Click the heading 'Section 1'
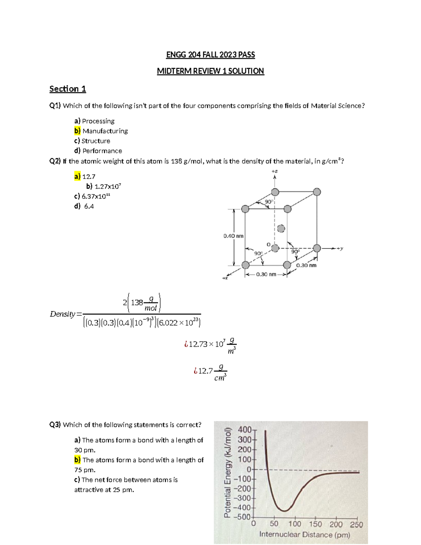coord(67,89)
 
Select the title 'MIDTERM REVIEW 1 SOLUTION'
coord(210,71)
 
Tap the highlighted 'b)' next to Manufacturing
coord(77,131)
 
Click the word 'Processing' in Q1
coord(98,121)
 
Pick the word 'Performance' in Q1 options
coord(102,151)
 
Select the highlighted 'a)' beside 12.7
coord(77,177)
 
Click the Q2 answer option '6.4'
coord(89,206)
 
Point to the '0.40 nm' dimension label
coord(233,236)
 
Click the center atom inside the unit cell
coord(281,229)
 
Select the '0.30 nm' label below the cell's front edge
coord(266,274)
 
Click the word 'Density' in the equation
coord(62,314)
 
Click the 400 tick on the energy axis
coord(245,430)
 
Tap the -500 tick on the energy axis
coord(244,517)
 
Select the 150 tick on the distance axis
coord(315,524)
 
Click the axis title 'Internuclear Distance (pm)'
coord(305,534)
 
